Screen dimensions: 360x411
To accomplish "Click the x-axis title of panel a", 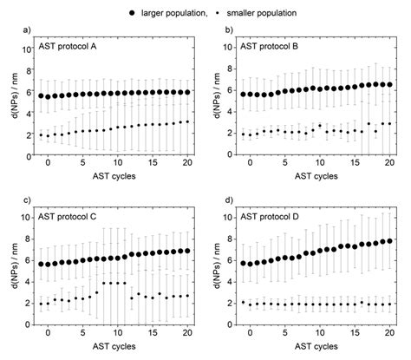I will tap(109, 176).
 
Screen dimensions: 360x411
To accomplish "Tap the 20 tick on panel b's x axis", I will tap(389, 163).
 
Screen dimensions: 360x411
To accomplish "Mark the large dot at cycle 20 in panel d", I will tap(389, 241).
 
